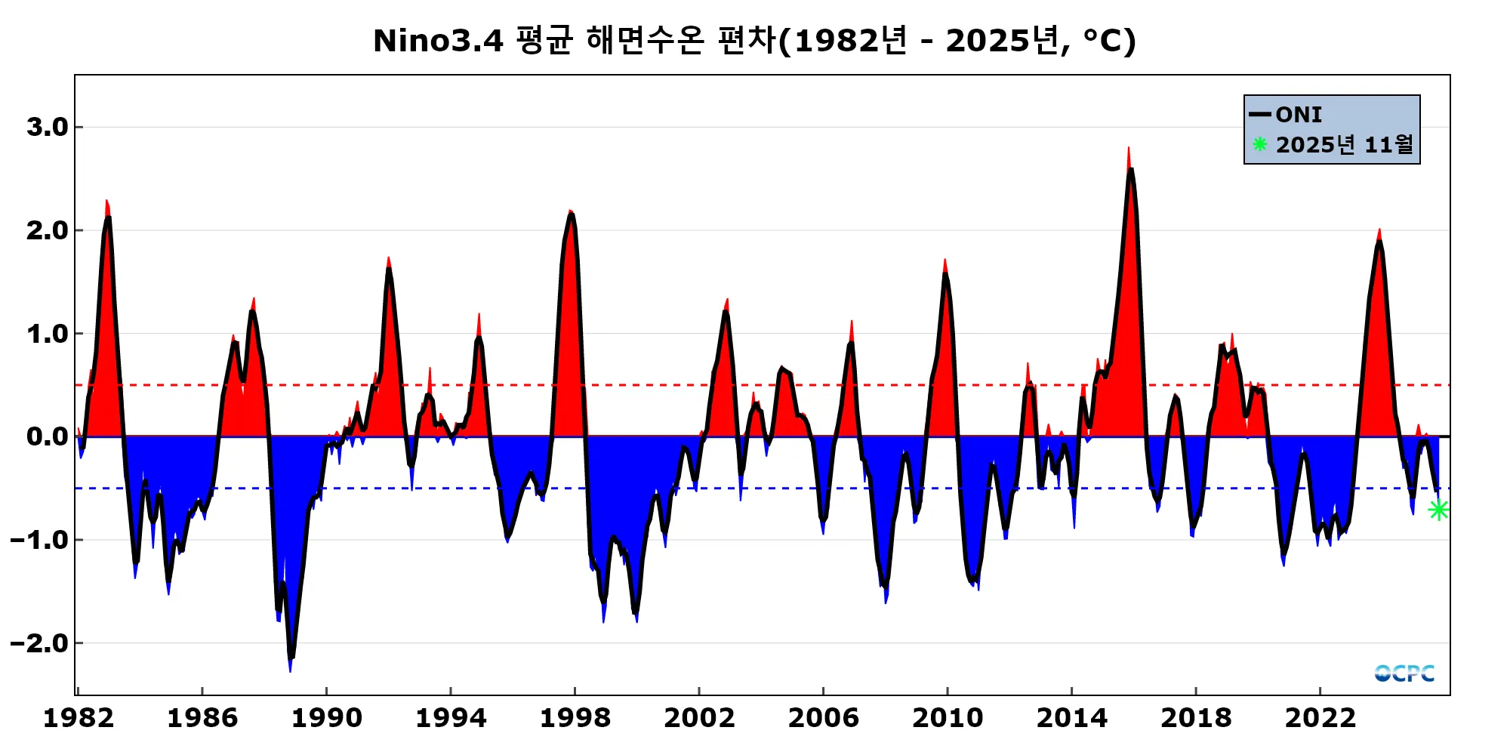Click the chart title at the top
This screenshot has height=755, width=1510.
click(x=754, y=41)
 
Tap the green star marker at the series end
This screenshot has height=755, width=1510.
click(x=1438, y=510)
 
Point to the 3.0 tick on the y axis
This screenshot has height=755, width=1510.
click(x=48, y=127)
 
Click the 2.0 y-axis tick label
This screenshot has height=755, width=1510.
click(x=48, y=230)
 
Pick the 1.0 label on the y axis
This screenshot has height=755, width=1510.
click(x=48, y=334)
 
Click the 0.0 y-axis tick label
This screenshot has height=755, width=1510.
click(x=48, y=436)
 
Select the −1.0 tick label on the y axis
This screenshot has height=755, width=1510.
click(x=41, y=540)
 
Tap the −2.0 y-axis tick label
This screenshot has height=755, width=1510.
click(x=41, y=643)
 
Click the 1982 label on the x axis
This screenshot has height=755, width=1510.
click(x=79, y=718)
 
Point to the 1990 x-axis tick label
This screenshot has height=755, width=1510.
click(x=326, y=718)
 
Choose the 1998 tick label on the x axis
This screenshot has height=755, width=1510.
click(x=575, y=718)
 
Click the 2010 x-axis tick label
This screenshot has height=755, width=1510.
click(x=948, y=718)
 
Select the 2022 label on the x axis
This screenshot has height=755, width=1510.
click(x=1320, y=718)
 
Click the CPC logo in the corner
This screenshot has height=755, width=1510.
click(x=1404, y=673)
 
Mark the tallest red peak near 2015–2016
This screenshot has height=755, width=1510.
click(x=1129, y=149)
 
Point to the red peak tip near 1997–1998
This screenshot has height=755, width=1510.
click(x=570, y=211)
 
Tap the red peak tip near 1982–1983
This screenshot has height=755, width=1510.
click(x=106, y=202)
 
